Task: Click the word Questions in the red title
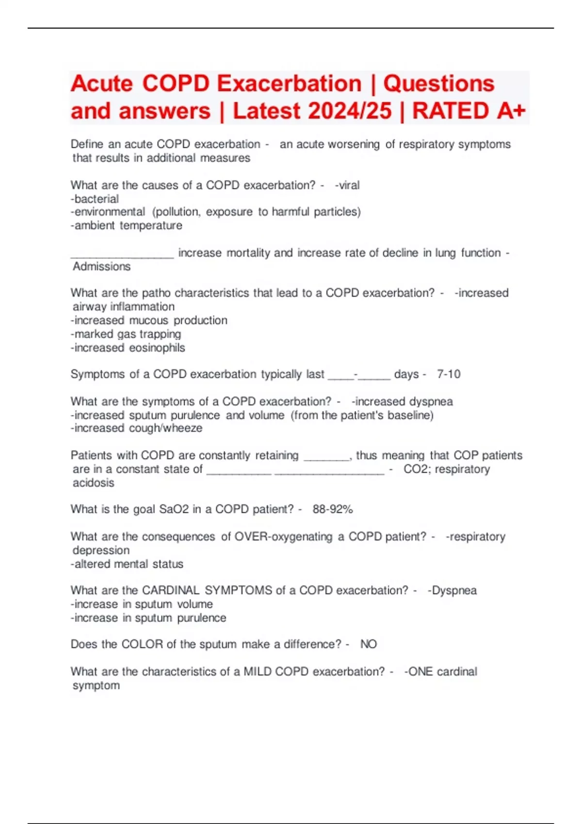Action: click(x=438, y=84)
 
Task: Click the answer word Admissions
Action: click(x=102, y=267)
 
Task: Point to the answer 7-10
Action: click(x=449, y=374)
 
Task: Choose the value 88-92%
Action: click(x=333, y=509)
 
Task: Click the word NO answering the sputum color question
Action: click(x=369, y=644)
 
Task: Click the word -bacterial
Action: click(x=95, y=199)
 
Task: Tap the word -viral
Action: click(x=347, y=185)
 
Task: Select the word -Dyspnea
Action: click(x=452, y=590)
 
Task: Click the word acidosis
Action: click(x=94, y=483)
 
